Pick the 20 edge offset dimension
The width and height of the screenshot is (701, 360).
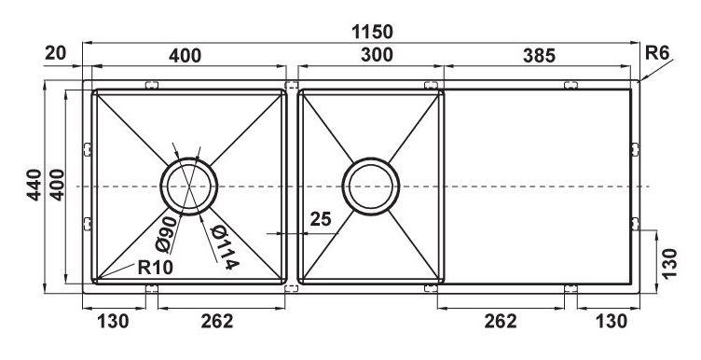point(57,53)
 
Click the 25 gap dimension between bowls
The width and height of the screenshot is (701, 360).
point(321,220)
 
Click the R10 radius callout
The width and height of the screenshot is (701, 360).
point(155,268)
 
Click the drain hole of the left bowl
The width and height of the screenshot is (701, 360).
point(190,187)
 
